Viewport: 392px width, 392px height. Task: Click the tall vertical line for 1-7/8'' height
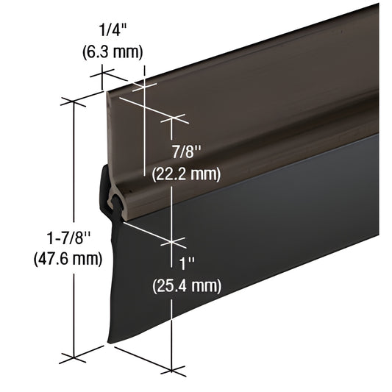[74, 221]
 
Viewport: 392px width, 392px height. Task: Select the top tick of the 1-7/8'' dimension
[74, 99]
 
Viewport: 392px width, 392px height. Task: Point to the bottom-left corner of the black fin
[110, 343]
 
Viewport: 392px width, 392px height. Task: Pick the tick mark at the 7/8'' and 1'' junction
[171, 240]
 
